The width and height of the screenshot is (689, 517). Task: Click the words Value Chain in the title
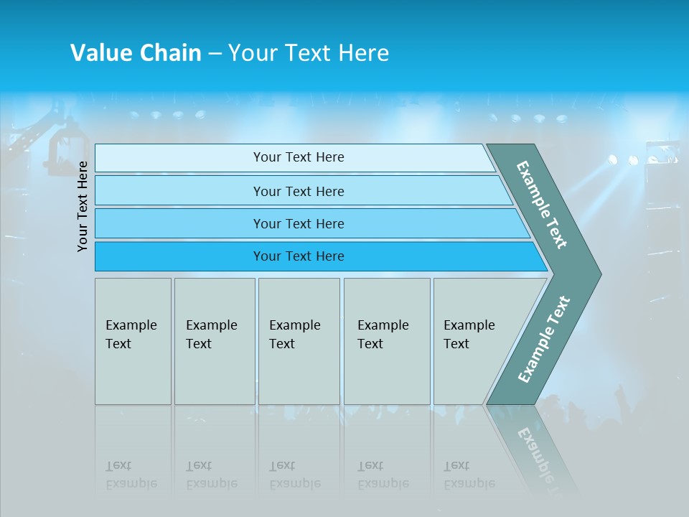pos(136,53)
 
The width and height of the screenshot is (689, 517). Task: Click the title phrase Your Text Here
pos(309,53)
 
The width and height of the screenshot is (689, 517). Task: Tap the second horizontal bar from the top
pos(299,191)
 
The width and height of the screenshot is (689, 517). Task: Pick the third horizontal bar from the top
pos(299,223)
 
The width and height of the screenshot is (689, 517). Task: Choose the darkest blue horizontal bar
pos(299,256)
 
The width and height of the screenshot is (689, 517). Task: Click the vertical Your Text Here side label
pos(83,206)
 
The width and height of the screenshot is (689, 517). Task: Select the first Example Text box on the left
pos(133,341)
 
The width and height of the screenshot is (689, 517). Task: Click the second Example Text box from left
pos(214,341)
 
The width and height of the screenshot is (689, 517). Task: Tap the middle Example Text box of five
pos(299,341)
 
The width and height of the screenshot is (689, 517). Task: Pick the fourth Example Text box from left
pos(386,341)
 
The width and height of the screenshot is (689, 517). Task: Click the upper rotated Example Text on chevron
pos(542,205)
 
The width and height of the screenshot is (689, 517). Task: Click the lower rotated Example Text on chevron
pos(544,340)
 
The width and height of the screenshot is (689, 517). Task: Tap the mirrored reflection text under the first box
pos(131,475)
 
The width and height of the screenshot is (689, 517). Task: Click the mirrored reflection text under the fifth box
pos(469,475)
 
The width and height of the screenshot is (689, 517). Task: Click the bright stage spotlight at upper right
pos(632,161)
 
